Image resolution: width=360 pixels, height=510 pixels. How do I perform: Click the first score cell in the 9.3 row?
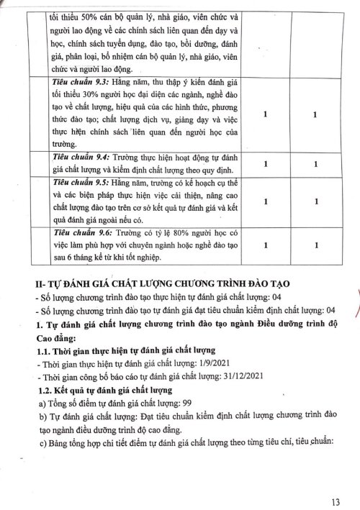point(267,114)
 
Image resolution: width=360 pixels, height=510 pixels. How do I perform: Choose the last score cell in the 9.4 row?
point(316,165)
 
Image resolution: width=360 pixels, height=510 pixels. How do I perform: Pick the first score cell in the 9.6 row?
point(267,245)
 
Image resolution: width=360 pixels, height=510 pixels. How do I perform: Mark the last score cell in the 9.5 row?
point(316,203)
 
